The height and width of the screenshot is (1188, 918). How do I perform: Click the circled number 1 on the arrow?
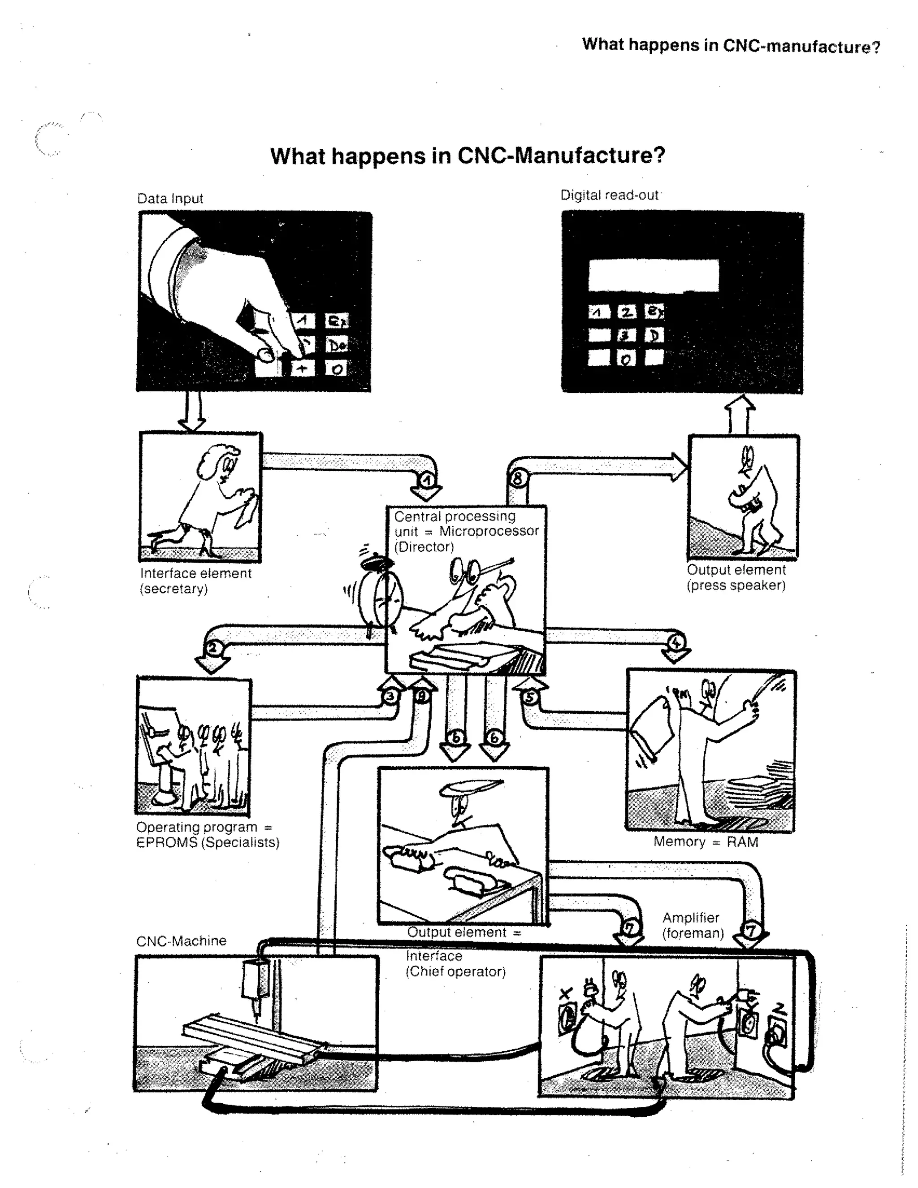(x=428, y=480)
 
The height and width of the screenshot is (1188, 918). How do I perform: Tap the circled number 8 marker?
(x=517, y=479)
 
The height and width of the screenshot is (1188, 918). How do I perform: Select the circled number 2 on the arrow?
(x=212, y=648)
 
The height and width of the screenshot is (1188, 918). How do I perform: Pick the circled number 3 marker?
(x=390, y=697)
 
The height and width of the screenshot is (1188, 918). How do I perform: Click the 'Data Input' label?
(x=170, y=199)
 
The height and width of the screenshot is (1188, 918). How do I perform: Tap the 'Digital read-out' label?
(x=609, y=195)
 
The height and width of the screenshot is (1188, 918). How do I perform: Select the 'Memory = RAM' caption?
(x=706, y=842)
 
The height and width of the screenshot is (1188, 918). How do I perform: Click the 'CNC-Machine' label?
(x=181, y=941)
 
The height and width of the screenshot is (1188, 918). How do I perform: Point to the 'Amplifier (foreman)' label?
(x=692, y=925)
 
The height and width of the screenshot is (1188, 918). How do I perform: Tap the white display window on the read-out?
(x=653, y=275)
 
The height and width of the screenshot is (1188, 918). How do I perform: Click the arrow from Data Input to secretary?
(x=192, y=412)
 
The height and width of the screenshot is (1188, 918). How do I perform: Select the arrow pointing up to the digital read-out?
(x=740, y=415)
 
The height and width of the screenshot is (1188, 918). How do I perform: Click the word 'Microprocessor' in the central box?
(x=489, y=531)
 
